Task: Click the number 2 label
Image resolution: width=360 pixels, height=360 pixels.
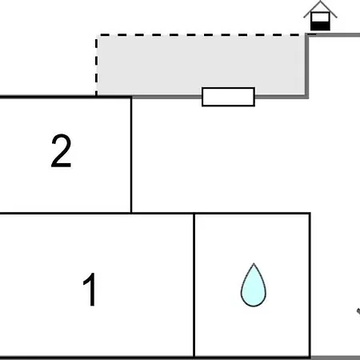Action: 62,150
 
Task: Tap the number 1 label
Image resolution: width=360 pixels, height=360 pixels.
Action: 90,290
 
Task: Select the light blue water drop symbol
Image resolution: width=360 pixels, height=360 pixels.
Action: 254,286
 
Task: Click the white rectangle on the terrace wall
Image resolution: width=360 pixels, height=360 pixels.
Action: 228,97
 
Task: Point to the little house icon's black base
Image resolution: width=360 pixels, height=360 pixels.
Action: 320,26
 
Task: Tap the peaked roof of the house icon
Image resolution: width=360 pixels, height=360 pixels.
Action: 320,8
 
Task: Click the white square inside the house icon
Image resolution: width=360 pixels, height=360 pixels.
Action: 320,18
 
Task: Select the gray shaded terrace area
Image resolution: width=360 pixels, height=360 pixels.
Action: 202,66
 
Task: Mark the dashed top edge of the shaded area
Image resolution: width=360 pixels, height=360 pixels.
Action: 202,35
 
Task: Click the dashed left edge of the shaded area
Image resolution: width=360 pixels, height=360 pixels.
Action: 96,66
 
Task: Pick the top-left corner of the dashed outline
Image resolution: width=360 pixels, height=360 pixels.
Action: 97,35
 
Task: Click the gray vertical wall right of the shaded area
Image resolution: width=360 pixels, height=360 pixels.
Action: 307,66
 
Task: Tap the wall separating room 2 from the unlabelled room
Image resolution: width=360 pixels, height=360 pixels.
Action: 131,155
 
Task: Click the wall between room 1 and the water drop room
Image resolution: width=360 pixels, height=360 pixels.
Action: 194,285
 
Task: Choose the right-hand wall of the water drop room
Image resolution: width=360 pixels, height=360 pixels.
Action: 310,285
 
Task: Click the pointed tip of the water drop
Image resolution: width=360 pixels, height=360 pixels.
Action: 254,263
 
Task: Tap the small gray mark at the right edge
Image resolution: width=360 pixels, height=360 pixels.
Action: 358,311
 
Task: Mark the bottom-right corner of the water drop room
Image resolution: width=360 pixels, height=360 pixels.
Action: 310,357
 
